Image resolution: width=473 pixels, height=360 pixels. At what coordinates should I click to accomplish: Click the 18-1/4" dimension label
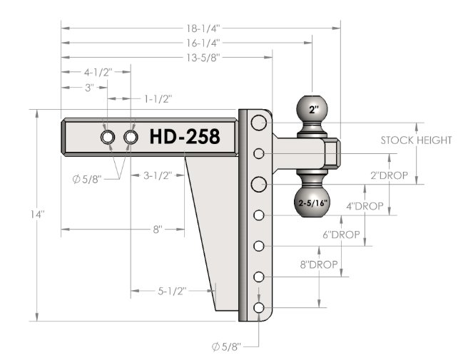click(203, 29)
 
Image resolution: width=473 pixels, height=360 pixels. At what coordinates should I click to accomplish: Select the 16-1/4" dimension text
click(203, 43)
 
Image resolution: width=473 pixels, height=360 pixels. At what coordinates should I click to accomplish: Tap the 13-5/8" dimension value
click(203, 57)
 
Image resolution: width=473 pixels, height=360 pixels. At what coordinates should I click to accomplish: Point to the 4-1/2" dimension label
click(98, 73)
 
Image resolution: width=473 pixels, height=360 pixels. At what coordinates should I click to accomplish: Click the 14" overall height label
click(37, 215)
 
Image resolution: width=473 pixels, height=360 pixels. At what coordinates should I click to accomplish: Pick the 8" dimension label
click(158, 230)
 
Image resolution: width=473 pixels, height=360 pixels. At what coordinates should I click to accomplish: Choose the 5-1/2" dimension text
click(172, 292)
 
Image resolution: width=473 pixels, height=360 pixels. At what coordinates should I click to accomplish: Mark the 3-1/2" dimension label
click(158, 175)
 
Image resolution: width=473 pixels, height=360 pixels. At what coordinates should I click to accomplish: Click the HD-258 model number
click(185, 137)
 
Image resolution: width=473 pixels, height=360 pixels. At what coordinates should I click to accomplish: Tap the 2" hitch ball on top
click(312, 109)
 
